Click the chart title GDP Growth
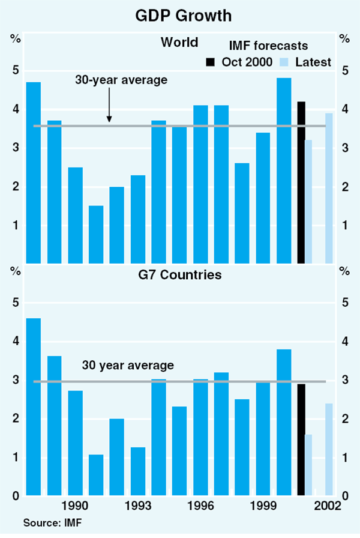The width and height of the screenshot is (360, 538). click(179, 14)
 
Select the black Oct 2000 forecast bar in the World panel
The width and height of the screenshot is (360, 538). click(301, 183)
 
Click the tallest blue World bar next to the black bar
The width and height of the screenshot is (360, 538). click(284, 171)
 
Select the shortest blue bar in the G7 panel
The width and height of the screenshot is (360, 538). click(96, 475)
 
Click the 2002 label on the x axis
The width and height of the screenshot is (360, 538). click(329, 505)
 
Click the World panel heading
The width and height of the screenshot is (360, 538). click(179, 43)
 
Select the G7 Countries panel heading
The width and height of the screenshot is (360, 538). click(179, 276)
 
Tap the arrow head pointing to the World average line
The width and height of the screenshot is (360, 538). click(109, 121)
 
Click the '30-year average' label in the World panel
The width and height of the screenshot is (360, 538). click(121, 80)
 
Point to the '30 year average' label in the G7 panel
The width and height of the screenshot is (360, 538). click(128, 365)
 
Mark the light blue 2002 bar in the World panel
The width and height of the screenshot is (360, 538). click(329, 188)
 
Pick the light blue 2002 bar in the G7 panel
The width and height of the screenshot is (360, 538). click(329, 449)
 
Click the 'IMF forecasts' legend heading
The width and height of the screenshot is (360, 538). click(269, 46)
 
